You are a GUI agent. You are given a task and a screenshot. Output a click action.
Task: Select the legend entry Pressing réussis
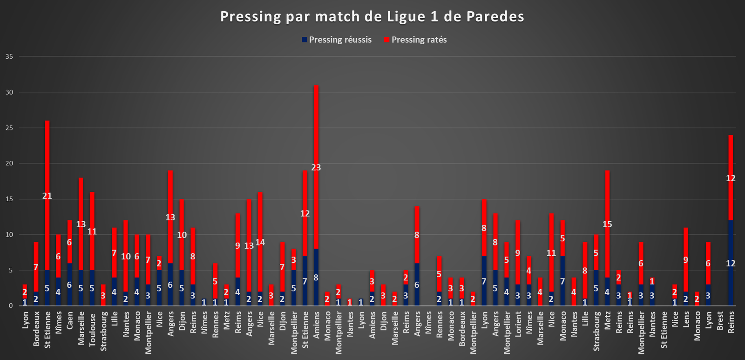[337, 40]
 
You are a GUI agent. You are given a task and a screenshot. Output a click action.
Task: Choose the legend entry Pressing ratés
[415, 40]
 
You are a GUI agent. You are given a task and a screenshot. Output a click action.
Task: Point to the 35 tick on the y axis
[9, 56]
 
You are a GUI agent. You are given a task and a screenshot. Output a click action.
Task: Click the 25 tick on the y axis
[9, 128]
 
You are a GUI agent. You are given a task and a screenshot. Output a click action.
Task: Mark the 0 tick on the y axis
[11, 306]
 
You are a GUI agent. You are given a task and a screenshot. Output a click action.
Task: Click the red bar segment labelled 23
[316, 167]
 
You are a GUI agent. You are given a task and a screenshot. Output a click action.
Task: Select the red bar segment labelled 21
[47, 195]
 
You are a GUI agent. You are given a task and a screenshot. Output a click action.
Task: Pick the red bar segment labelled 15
[607, 224]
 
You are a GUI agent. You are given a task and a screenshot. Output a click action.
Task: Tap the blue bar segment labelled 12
[731, 263]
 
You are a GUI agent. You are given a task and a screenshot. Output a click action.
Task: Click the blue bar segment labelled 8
[316, 277]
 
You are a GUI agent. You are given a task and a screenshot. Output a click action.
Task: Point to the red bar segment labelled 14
[260, 242]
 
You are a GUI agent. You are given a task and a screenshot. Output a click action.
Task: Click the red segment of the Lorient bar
[518, 252]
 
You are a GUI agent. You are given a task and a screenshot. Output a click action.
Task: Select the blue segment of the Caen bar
[69, 285]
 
